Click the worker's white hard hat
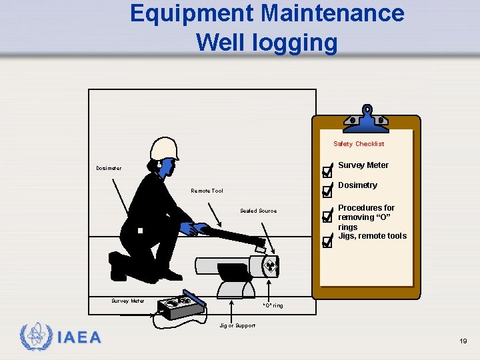pyautogui.click(x=164, y=149)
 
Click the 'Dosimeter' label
pyautogui.click(x=108, y=168)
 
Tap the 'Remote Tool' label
pyautogui.click(x=207, y=191)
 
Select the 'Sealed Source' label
pyautogui.click(x=258, y=211)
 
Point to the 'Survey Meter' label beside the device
pyautogui.click(x=127, y=301)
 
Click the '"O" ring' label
pyautogui.click(x=273, y=305)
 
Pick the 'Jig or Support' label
pyautogui.click(x=237, y=325)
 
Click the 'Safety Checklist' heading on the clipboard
pyautogui.click(x=359, y=144)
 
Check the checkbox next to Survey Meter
pyautogui.click(x=326, y=171)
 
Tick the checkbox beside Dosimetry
pyautogui.click(x=326, y=192)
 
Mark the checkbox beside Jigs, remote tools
pyautogui.click(x=326, y=242)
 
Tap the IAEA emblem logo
pyautogui.click(x=33, y=337)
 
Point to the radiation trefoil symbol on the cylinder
pyautogui.click(x=270, y=267)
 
